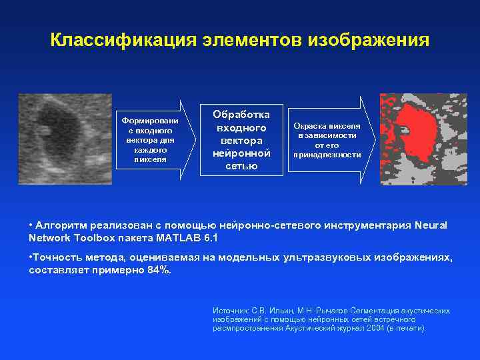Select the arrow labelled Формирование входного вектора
154,140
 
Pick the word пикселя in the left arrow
151,159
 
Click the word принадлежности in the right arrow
327,155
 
